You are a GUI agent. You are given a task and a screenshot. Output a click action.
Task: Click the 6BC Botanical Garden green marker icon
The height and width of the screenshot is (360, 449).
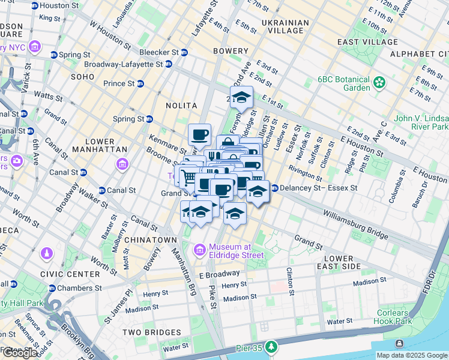[379, 82]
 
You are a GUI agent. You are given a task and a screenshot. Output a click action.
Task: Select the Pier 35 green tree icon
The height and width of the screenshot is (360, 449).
[272, 347]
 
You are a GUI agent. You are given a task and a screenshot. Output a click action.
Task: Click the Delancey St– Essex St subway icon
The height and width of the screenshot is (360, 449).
[274, 188]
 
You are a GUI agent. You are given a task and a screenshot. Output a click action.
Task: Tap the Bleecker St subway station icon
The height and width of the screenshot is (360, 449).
[184, 52]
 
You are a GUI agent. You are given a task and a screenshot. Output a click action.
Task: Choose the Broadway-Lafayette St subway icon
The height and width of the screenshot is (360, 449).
[169, 64]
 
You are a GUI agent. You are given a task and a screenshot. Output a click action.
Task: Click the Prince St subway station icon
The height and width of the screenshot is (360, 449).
[140, 83]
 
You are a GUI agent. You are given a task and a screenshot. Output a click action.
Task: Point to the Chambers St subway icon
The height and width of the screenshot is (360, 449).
[53, 288]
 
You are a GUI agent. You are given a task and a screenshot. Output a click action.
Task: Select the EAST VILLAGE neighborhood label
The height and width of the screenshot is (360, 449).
[365, 42]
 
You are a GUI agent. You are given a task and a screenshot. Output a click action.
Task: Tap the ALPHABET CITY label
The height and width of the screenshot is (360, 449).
[418, 54]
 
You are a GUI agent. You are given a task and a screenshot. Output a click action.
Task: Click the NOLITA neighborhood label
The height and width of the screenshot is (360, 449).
[181, 106]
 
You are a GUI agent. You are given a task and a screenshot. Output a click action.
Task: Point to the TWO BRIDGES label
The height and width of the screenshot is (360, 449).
[151, 332]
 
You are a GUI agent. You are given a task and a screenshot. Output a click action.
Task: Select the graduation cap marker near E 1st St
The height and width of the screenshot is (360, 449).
[241, 97]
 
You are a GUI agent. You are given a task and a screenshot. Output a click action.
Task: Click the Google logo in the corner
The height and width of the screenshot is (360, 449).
[20, 353]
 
